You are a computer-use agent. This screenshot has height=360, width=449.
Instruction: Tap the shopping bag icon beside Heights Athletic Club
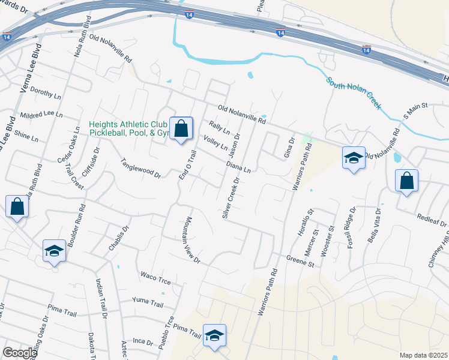(x=181, y=128)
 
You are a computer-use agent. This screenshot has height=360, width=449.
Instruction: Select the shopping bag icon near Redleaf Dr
(x=407, y=181)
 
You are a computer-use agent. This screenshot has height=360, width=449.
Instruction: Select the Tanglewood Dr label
(x=142, y=167)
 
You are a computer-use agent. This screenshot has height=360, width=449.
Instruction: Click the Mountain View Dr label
(x=192, y=240)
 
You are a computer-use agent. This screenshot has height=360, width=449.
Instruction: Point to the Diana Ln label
(x=238, y=166)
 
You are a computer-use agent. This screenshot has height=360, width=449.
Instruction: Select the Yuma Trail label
(x=148, y=300)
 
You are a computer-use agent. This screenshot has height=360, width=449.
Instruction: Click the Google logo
(x=20, y=353)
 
